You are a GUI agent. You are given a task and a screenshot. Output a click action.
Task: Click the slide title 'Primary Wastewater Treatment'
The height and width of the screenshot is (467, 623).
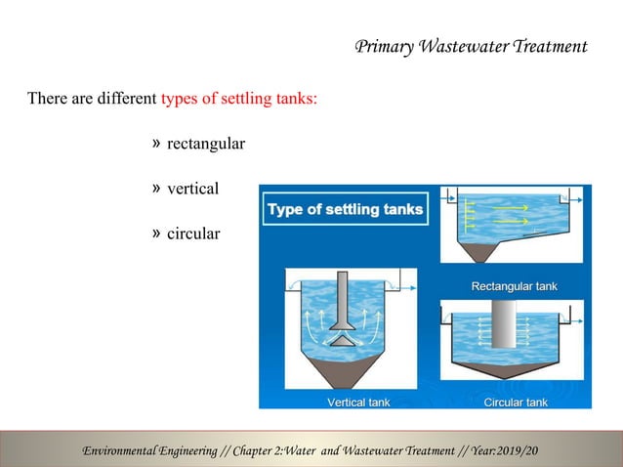point(471,46)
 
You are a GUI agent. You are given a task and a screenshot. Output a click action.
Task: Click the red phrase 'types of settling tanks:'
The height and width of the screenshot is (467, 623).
point(238,99)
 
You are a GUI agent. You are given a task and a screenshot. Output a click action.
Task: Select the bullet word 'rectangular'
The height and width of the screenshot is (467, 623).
point(206,145)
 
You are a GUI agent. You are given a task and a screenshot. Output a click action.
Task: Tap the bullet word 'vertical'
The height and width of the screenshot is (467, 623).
point(192,190)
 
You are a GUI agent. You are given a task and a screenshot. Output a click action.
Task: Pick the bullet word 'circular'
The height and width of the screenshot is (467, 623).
point(193,234)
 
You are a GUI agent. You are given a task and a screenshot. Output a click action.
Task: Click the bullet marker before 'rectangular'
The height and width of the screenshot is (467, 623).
point(157,145)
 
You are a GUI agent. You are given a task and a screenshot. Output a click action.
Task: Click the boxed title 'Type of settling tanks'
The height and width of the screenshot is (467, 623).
point(345,209)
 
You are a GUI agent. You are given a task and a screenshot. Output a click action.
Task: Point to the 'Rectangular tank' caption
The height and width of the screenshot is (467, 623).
point(514,286)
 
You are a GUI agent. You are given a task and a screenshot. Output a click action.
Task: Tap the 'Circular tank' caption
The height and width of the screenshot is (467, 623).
point(515,402)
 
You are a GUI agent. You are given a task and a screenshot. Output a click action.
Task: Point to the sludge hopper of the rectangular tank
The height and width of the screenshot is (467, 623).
point(478,253)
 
